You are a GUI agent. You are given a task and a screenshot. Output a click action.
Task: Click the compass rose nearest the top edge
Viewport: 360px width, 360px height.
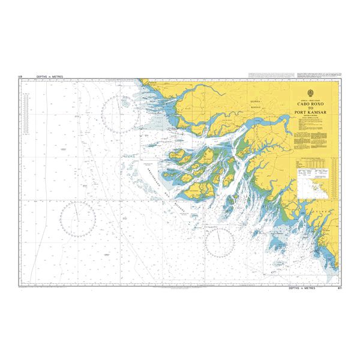click(121, 114)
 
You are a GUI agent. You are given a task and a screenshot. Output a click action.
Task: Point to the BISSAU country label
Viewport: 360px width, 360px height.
click(257, 109)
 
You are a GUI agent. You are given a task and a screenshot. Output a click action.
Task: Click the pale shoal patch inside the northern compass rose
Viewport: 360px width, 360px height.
click(125, 103)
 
